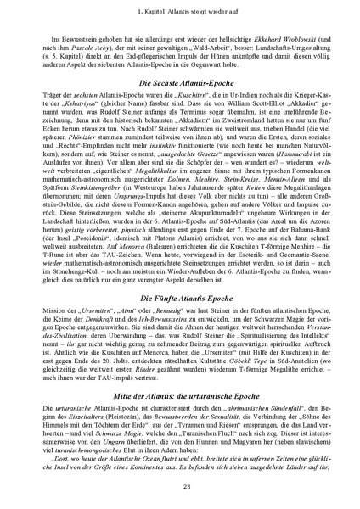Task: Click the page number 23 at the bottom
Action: click(x=180, y=484)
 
